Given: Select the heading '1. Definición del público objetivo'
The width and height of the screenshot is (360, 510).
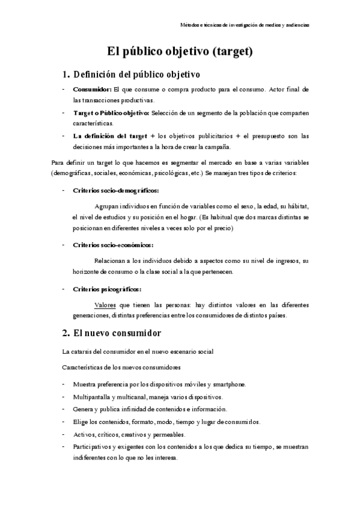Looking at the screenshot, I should (131, 75).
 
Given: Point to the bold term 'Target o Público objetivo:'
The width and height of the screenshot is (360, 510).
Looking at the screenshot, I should (111, 112).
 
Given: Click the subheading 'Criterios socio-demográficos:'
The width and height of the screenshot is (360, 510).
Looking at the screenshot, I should (115, 190).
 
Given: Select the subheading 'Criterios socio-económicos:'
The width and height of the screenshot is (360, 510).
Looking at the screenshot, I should (112, 245).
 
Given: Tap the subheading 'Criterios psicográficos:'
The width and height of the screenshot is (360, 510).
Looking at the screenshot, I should (107, 289).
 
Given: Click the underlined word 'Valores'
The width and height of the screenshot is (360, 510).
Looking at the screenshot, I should (105, 305).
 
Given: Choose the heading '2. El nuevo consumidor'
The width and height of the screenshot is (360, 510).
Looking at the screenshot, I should (111, 333).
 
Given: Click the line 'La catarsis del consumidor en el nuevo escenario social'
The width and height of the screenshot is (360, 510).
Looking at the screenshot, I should (138, 351).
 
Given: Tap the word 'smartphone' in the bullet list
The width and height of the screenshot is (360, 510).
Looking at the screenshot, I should (227, 384).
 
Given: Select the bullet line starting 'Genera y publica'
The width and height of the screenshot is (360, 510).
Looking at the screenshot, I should (150, 410).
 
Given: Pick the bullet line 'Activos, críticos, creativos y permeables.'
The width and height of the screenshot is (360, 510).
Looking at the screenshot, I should (129, 434).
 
